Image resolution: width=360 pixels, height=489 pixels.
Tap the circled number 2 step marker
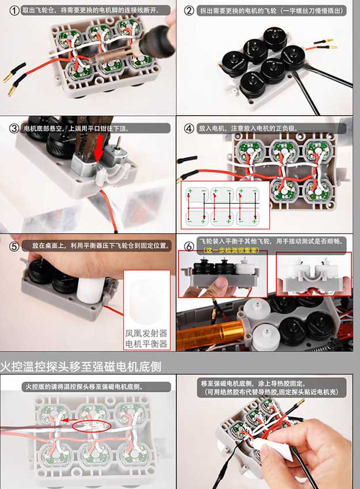(x=189, y=10)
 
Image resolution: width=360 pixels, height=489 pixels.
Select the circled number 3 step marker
(x=14, y=128)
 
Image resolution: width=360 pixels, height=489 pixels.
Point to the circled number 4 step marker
(x=189, y=128)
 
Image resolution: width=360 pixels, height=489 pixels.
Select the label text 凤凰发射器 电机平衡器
(x=146, y=338)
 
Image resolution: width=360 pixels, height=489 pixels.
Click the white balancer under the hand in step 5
(x=89, y=287)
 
